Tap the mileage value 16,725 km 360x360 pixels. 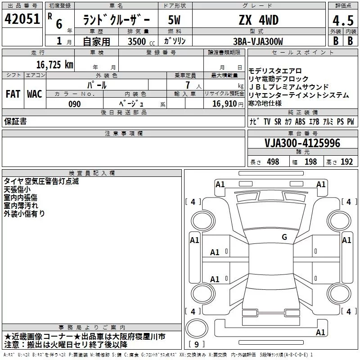click(55, 64)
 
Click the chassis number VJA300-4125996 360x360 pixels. click(302, 143)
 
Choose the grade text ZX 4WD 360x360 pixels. click(258, 20)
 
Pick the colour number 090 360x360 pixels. click(75, 104)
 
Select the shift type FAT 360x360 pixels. click(13, 94)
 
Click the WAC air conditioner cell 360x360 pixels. click(34, 94)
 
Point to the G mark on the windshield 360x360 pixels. click(284, 237)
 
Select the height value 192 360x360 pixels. click(346, 162)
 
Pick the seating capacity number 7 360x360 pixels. click(187, 85)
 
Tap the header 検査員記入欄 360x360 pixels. click(92, 173)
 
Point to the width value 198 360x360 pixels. click(310, 162)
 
